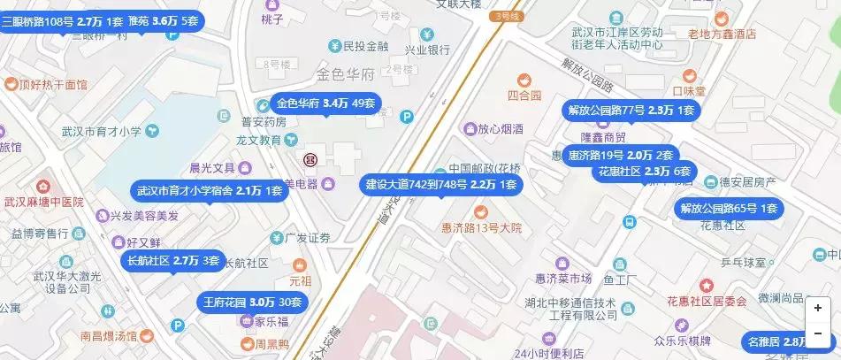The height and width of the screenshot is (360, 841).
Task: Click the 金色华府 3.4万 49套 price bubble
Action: pos(326,103)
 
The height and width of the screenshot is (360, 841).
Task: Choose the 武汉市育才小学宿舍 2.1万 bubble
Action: pos(210,190)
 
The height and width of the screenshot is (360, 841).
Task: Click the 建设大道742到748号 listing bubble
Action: pos(441,185)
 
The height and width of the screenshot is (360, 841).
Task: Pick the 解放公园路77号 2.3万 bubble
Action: pos(631,111)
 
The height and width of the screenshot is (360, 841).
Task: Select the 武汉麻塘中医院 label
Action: pos(42,202)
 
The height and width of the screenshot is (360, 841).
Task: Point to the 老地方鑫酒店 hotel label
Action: pos(722,34)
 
